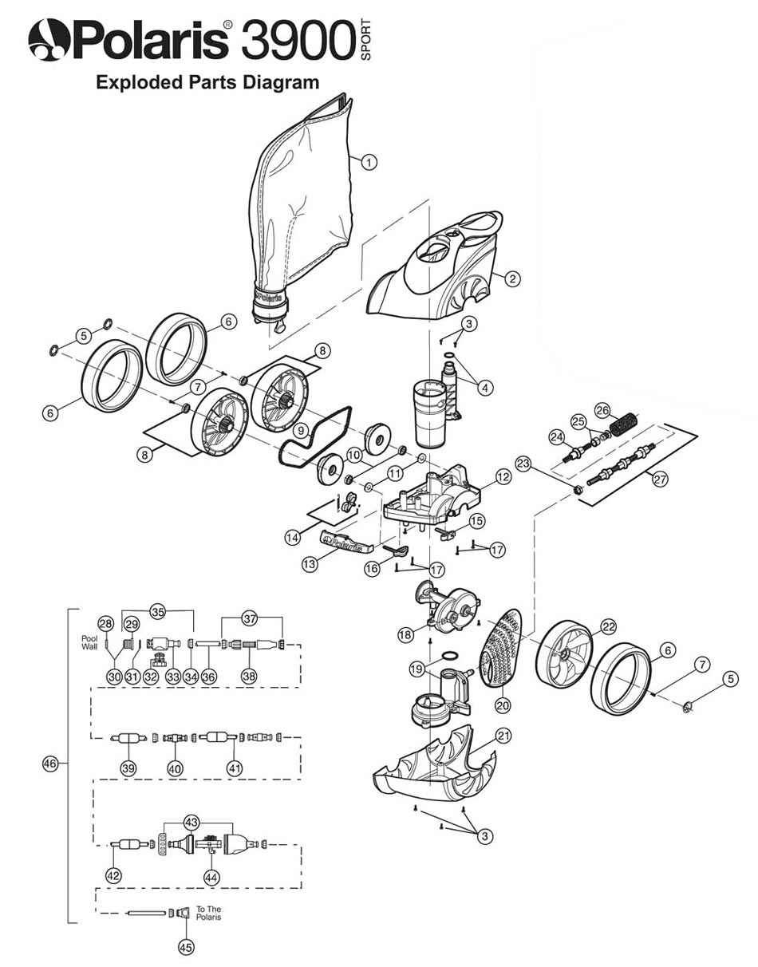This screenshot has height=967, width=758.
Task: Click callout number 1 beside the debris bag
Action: [x=369, y=162]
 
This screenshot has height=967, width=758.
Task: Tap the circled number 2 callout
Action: [x=512, y=278]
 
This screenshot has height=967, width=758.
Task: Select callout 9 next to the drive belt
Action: [x=302, y=431]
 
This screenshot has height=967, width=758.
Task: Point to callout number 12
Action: [x=503, y=477]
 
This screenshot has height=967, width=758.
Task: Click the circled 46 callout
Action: [x=50, y=764]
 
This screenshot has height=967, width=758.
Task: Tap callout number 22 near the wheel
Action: [x=608, y=627]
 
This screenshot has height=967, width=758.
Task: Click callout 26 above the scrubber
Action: [x=602, y=410]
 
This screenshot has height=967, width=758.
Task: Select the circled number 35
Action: [x=158, y=611]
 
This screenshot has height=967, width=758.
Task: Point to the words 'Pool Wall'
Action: [x=89, y=643]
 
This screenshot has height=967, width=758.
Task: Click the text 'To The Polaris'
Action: [x=208, y=913]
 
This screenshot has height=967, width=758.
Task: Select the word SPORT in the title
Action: [x=365, y=40]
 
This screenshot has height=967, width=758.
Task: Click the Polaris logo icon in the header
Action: [x=48, y=40]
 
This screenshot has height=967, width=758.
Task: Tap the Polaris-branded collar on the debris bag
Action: [x=270, y=299]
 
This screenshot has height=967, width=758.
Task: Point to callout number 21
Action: [x=503, y=736]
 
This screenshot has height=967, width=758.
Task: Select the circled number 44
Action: [x=211, y=877]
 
